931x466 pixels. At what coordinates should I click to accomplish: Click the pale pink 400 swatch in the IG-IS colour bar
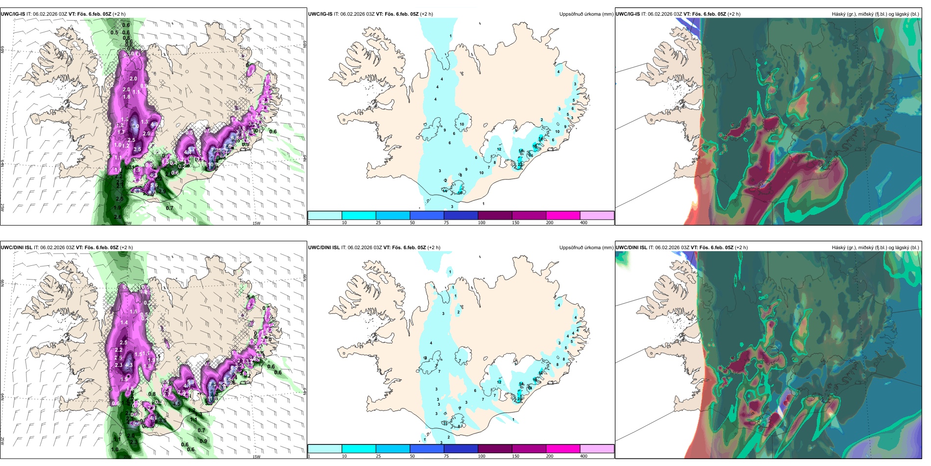click(597, 215)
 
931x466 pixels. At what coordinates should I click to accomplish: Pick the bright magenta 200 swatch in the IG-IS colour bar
click(563, 215)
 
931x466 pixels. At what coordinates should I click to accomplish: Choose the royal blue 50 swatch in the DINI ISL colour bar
click(427, 449)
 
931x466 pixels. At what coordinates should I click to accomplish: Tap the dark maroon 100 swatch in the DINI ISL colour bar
click(495, 449)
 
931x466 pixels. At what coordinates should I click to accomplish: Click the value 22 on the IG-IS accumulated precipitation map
click(520, 165)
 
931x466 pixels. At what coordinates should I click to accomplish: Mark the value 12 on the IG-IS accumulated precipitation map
click(499, 150)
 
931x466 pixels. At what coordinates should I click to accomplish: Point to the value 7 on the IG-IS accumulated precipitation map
click(489, 168)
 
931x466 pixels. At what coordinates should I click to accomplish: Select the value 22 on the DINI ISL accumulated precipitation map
click(519, 399)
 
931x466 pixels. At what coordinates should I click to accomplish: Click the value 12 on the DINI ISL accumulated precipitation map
click(499, 382)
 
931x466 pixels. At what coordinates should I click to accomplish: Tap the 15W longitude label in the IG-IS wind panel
click(256, 223)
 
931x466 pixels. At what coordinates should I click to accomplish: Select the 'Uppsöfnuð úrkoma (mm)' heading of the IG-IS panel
click(586, 14)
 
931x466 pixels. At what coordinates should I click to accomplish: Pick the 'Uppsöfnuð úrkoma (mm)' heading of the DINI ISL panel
click(586, 248)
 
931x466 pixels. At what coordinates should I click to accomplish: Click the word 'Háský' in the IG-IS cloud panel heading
click(839, 14)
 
